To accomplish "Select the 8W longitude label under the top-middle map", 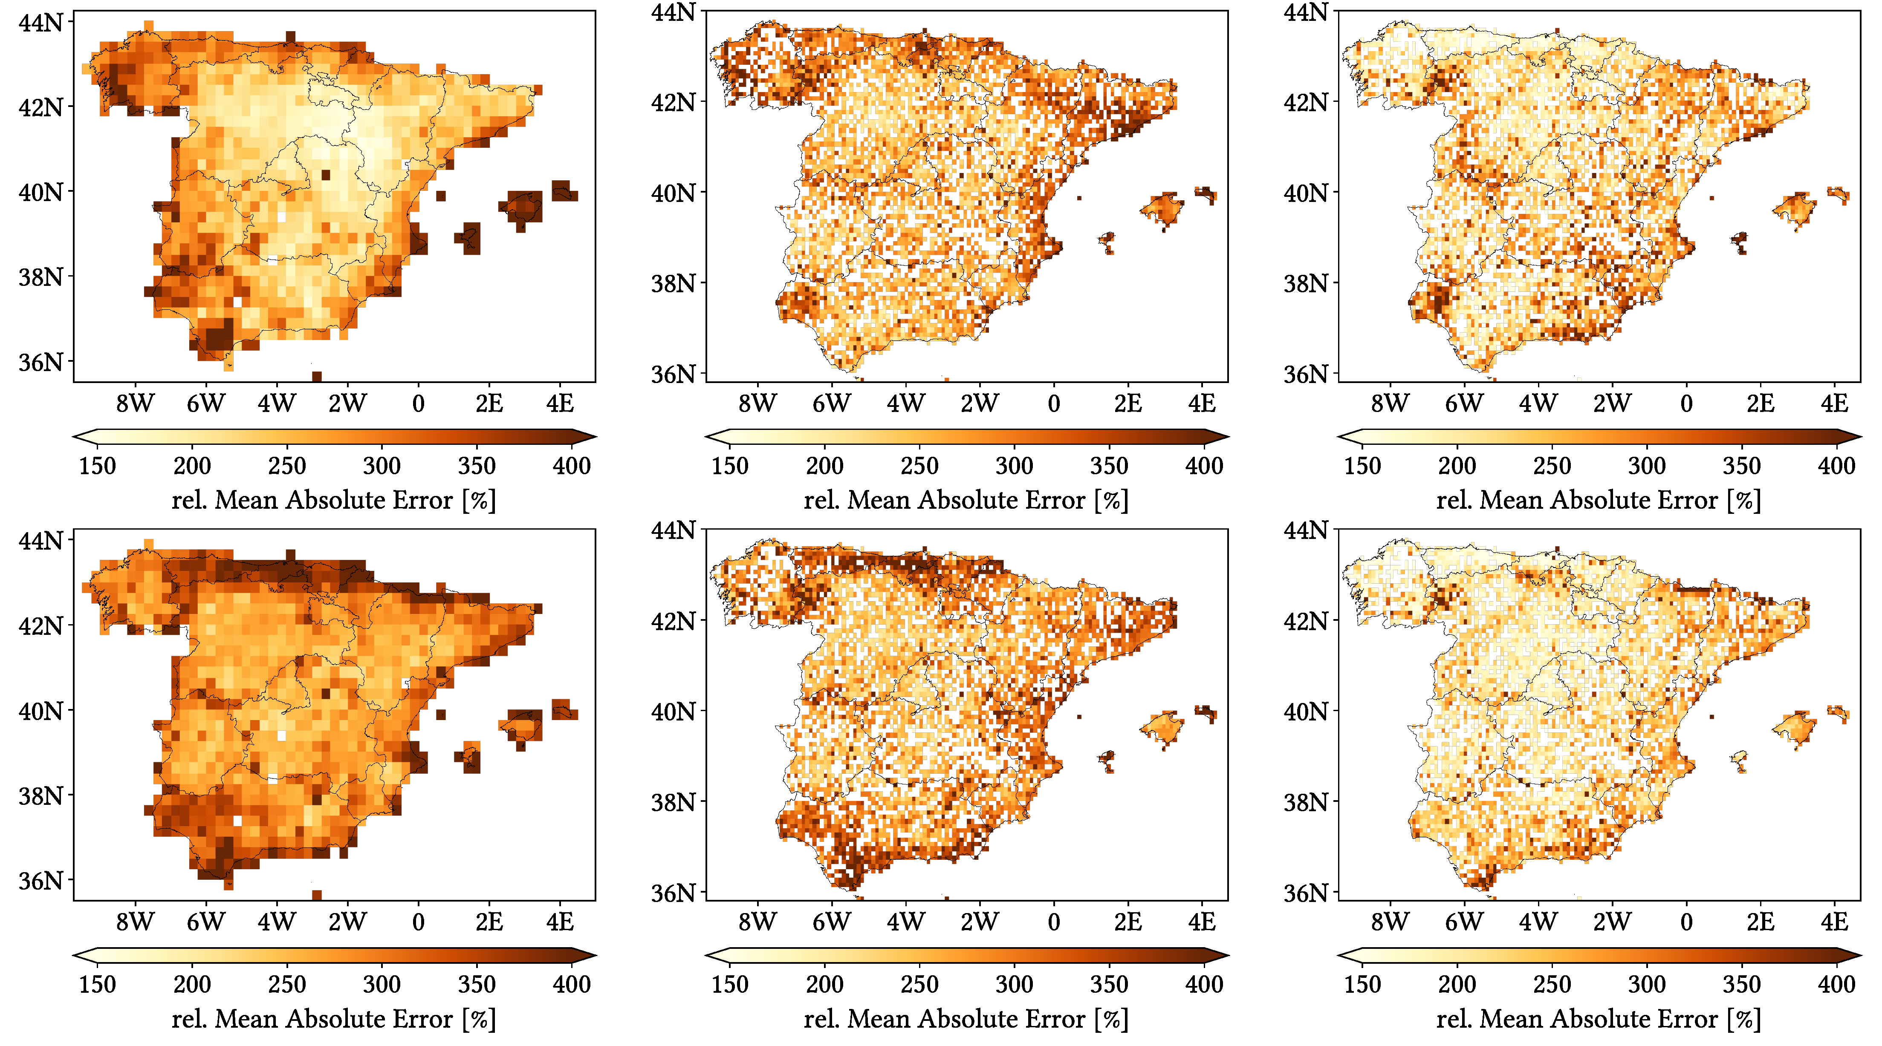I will click(x=757, y=403).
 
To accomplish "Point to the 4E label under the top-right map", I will click(x=1834, y=403).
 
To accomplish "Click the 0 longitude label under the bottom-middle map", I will click(x=1053, y=922).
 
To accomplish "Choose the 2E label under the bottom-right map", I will click(x=1760, y=922).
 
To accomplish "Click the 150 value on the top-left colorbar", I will click(x=97, y=466).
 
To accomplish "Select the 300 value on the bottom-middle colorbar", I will click(x=1014, y=985).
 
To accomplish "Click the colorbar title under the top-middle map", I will click(x=966, y=500).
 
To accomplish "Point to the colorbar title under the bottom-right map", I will click(x=1599, y=1019).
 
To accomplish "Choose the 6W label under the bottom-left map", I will click(x=205, y=922).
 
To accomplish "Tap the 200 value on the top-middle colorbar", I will click(x=825, y=466).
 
